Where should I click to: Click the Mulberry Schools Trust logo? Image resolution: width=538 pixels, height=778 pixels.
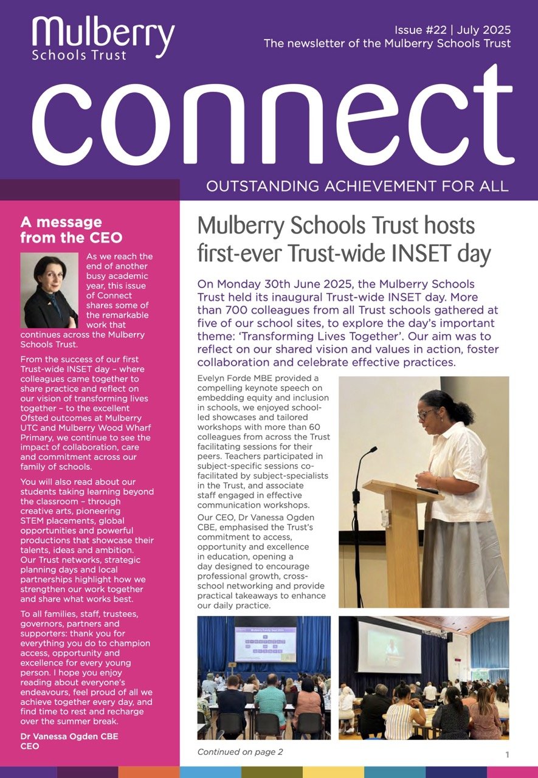click(x=103, y=38)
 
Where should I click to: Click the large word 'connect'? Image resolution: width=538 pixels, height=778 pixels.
click(x=273, y=122)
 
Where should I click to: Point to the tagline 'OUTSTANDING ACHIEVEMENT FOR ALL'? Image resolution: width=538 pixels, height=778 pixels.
click(x=357, y=186)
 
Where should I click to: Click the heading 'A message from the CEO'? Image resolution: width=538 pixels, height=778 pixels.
click(x=71, y=230)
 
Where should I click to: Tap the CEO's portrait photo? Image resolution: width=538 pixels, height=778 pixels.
click(x=49, y=290)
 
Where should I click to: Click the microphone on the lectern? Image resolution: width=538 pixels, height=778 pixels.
click(x=368, y=453)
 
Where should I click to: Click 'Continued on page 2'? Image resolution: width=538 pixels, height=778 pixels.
click(x=240, y=752)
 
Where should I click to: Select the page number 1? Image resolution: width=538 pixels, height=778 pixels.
click(x=507, y=754)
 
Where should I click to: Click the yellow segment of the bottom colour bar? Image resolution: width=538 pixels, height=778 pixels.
click(x=333, y=772)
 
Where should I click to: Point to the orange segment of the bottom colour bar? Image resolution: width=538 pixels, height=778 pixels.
click(x=149, y=772)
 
